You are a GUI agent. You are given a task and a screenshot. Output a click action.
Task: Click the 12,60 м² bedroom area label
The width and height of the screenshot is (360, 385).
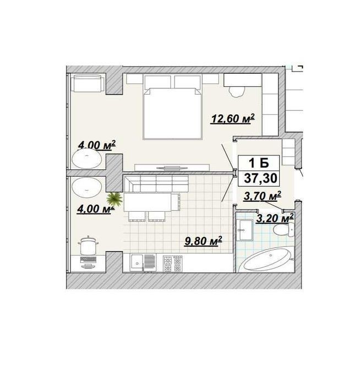pos(232,119)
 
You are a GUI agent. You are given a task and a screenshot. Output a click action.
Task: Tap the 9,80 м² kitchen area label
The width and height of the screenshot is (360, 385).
pos(204,241)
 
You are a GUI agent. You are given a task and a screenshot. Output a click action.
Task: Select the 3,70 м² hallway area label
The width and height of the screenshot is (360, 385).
pos(263,196)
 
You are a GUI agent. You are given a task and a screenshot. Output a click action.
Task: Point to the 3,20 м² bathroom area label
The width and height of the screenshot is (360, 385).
pos(275,218)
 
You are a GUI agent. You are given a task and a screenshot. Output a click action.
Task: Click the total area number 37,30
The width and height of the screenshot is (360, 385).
pos(261,178)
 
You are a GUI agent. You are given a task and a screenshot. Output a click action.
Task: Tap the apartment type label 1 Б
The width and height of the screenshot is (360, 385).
pos(259,163)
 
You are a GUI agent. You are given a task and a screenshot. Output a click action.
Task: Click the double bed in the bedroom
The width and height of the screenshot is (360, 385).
pos(173,114)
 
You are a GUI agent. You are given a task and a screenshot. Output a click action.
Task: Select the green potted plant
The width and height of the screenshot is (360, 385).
pos(114,199)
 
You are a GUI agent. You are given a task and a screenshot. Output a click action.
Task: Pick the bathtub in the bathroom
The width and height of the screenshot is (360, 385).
pos(266,261)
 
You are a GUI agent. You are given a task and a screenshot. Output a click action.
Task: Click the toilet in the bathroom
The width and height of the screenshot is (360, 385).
pos(284,229)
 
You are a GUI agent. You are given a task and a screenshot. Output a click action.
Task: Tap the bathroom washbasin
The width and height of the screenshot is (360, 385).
pos(245,230)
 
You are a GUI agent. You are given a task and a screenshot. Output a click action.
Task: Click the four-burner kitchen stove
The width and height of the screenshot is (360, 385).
pos(173,263)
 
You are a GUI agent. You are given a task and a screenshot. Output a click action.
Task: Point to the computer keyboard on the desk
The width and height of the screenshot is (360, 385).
pos(88,259)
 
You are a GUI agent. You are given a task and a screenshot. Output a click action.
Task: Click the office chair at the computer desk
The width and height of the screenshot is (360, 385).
pos(88,245)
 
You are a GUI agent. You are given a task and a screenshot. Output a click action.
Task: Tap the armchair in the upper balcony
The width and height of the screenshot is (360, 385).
pos(88,84)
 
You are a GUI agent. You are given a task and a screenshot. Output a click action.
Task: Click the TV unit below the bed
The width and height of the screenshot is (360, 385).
pos(172,168)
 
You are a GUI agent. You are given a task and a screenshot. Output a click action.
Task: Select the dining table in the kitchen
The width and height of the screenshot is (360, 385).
pos(148,202)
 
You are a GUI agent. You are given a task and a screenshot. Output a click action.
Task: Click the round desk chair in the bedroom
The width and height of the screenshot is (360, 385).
pos(237,92)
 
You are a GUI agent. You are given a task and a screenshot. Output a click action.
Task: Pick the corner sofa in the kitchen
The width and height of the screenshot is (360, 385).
pos(156,184)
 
